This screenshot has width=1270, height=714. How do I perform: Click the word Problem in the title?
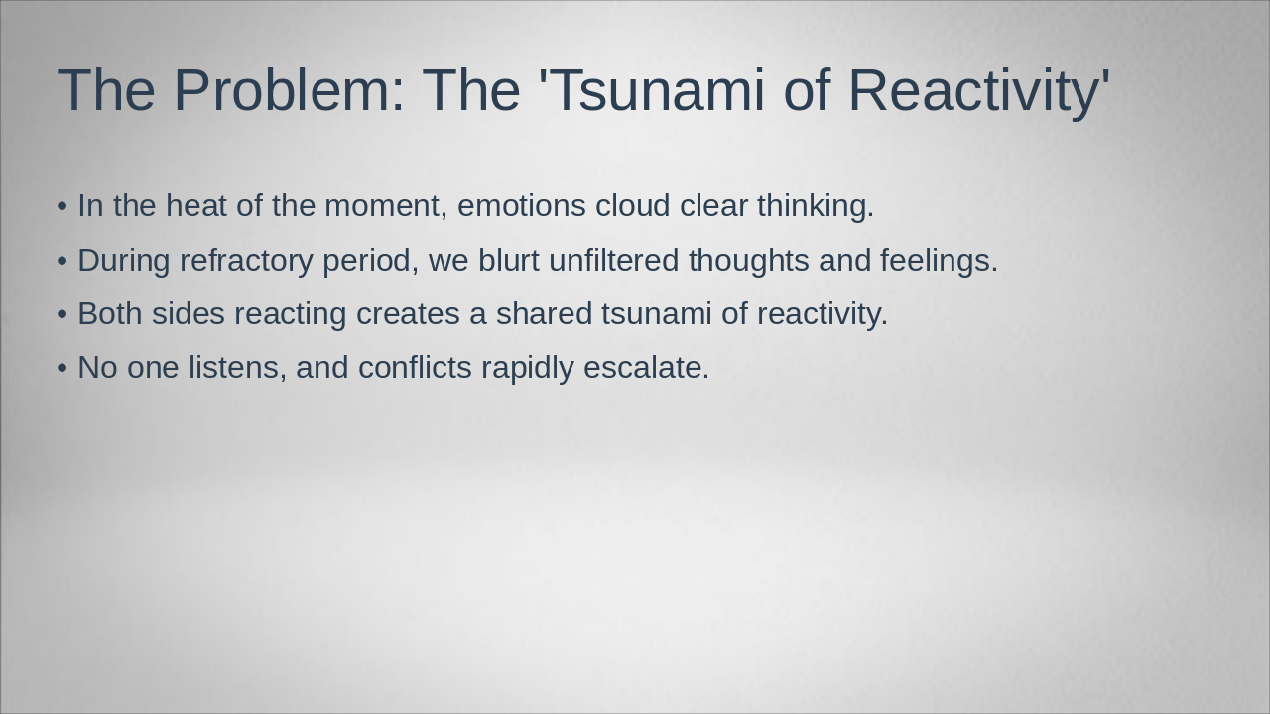(289, 90)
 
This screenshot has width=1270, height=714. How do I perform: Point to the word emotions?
(522, 205)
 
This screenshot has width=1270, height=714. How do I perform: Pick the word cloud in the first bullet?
(633, 205)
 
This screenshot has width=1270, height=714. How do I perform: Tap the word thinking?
(816, 206)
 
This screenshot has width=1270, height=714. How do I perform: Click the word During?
(124, 261)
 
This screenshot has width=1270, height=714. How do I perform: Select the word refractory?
(246, 261)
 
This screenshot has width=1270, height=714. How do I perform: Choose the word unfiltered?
(614, 260)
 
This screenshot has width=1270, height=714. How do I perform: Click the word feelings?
(939, 261)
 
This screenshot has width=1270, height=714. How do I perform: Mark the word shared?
(545, 314)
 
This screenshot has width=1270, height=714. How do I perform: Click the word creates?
(408, 314)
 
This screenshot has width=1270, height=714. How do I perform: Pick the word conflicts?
(415, 367)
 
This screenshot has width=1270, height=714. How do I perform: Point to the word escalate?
(646, 367)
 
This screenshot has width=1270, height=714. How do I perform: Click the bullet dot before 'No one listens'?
(63, 368)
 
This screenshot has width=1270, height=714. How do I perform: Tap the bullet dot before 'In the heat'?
(63, 206)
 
